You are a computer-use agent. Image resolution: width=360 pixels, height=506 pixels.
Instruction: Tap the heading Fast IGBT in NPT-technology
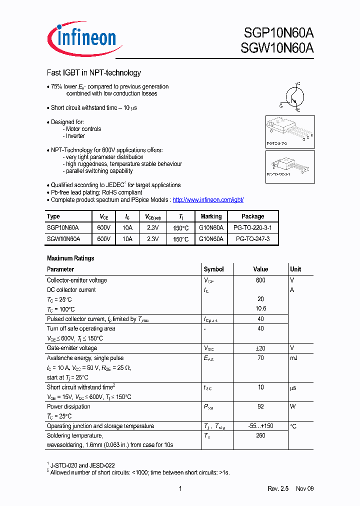[x=93, y=73]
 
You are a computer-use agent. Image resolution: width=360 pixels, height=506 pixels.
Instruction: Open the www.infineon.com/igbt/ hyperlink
[x=207, y=199]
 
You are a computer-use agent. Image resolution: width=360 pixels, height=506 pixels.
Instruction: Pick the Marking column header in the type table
[x=210, y=216]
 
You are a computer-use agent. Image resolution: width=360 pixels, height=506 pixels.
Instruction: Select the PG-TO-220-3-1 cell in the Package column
[x=252, y=226]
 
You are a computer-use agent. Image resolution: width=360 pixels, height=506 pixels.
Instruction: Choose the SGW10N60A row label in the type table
[x=63, y=239]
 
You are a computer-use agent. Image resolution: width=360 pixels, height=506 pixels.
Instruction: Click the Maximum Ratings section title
[x=70, y=258]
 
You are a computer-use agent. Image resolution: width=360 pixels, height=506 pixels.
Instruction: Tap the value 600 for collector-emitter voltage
[x=260, y=280]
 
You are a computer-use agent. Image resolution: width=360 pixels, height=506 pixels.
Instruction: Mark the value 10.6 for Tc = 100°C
[x=260, y=309]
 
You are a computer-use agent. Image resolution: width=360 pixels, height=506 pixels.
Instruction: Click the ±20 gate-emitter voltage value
[x=260, y=348]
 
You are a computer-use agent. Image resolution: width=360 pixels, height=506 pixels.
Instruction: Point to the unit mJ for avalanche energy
[x=293, y=358]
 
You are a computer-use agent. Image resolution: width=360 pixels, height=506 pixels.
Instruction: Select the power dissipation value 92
[x=260, y=406]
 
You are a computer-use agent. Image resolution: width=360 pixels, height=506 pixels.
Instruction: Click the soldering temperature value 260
[x=260, y=435]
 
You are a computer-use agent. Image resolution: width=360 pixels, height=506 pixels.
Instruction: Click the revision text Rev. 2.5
[x=278, y=488]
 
